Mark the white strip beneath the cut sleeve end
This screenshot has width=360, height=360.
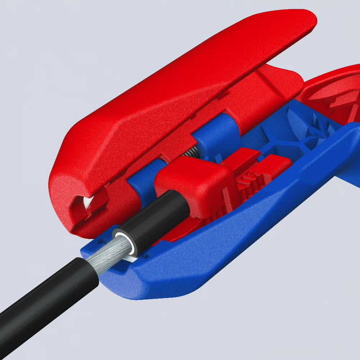131,258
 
